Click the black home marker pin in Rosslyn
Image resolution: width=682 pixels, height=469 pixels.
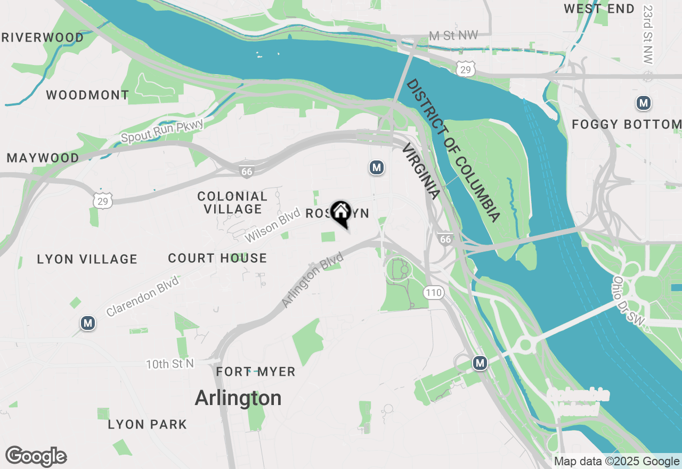pos(341,213)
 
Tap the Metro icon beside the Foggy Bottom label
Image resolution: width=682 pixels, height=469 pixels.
pos(644,103)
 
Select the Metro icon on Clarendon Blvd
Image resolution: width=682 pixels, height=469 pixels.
pos(88,322)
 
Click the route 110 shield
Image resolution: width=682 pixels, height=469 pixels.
pos(434,292)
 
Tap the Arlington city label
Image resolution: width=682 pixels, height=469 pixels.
pos(238,398)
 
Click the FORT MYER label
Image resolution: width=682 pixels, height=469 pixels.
pos(256,372)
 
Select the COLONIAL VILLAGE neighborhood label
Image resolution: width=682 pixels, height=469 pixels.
pos(232,203)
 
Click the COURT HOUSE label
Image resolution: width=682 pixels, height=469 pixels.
pos(217,258)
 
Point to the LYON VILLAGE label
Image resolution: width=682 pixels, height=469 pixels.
pos(87,260)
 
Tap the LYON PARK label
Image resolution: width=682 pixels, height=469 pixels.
pos(147,425)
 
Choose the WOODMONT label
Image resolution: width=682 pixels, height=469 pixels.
pos(87,95)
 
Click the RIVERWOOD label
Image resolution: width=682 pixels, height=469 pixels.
pos(43,38)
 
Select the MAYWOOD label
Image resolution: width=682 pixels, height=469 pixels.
pos(43,158)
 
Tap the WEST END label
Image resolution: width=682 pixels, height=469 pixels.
pos(599,9)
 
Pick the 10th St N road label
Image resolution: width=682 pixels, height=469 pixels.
pos(170,364)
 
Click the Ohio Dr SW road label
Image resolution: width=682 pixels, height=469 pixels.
pos(629,302)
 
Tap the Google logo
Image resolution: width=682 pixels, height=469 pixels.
pos(36,457)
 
